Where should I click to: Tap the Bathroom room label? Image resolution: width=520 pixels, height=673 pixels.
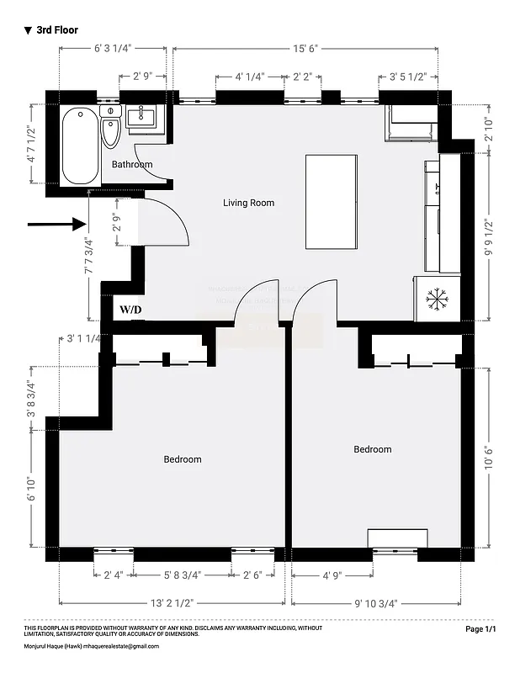[132, 164]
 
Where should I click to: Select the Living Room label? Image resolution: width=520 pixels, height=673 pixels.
[248, 203]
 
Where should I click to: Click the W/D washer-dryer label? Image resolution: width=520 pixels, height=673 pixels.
[130, 310]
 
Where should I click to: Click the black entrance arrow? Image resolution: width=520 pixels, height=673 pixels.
[58, 224]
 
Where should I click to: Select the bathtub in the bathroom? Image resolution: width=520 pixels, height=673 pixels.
[79, 146]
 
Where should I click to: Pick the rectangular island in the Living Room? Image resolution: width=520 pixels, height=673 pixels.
[332, 201]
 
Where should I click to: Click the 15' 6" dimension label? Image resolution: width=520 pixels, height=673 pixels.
[305, 50]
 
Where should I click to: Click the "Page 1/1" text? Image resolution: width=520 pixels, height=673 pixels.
[480, 629]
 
